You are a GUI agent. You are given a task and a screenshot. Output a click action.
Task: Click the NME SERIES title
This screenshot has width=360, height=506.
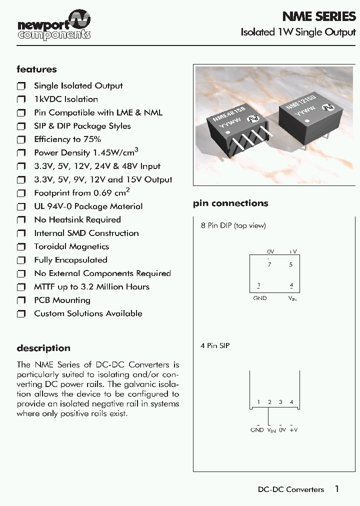(x=318, y=16)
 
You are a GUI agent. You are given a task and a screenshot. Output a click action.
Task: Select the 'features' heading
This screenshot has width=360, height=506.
(x=36, y=69)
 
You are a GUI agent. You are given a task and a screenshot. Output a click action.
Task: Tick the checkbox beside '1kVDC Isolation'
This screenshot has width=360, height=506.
(x=21, y=99)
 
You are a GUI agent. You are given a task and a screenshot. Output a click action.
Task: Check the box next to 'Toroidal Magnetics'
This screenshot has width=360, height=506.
(x=21, y=247)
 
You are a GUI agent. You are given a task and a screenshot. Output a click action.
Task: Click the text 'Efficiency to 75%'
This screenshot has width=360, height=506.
(x=67, y=139)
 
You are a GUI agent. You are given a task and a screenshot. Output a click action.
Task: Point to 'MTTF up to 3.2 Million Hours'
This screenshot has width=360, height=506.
(x=91, y=287)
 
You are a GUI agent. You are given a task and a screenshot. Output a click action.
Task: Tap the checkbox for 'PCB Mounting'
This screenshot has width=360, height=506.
(x=21, y=300)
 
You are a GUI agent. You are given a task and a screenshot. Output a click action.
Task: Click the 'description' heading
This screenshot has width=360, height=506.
(x=43, y=348)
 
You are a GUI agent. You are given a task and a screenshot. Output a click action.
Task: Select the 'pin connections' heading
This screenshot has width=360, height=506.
(x=230, y=203)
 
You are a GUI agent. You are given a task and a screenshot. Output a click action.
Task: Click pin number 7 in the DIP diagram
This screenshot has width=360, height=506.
(x=269, y=264)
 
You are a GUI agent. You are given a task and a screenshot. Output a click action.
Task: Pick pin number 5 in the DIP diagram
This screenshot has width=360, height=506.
(x=291, y=264)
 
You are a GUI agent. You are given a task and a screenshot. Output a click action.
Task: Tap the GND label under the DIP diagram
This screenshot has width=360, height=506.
(x=260, y=298)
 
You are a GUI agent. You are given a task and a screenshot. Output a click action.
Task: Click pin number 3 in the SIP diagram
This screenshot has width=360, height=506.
(x=280, y=402)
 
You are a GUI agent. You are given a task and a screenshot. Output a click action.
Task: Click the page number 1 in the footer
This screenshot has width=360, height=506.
(x=337, y=489)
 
